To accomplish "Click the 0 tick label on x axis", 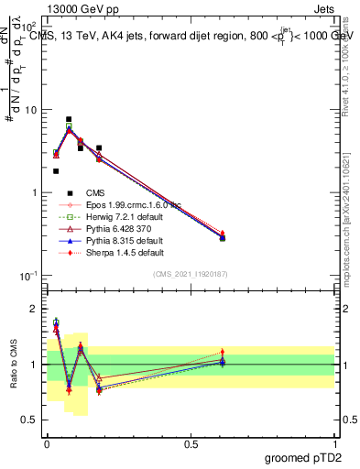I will click(47, 442).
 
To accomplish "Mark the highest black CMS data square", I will click(69, 119).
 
